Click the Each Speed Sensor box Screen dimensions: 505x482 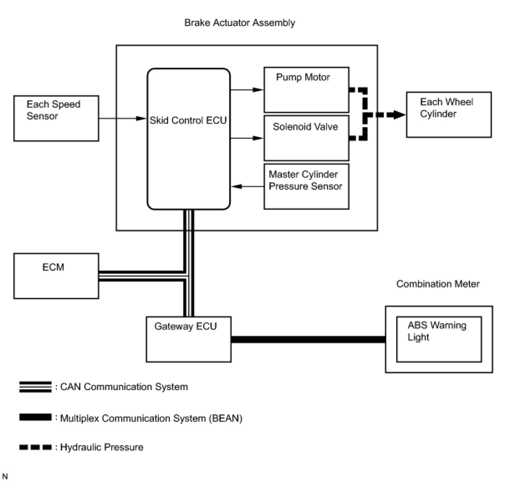click(56, 118)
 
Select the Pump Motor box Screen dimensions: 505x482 click(306, 90)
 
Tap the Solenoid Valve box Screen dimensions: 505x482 click(306, 138)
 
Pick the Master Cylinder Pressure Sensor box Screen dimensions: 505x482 click(306, 186)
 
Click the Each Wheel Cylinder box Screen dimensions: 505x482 click(449, 114)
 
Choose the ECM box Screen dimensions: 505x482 click(56, 276)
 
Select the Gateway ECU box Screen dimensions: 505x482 click(189, 339)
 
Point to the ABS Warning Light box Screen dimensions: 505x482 click(439, 339)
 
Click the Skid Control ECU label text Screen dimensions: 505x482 click(188, 120)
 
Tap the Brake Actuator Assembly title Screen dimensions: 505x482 click(240, 23)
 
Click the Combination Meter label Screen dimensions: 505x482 click(438, 284)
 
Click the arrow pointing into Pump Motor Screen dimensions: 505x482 click(247, 90)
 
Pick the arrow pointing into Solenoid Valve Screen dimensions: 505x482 click(247, 138)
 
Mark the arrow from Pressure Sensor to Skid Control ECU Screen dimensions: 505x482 click(247, 186)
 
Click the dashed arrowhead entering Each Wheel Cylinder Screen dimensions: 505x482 click(399, 114)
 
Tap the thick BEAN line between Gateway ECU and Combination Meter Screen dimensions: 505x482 click(308, 340)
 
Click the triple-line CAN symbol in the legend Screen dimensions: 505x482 click(35, 387)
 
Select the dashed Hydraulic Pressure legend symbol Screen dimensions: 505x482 click(35, 447)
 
